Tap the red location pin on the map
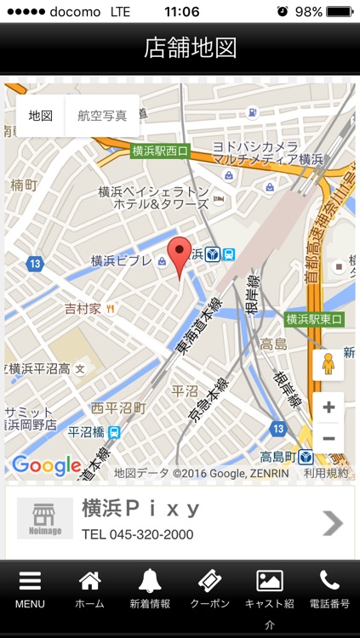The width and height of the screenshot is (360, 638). click(x=179, y=254)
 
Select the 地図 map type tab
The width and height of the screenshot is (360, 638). click(x=41, y=116)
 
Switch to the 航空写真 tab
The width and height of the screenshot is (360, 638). click(x=102, y=116)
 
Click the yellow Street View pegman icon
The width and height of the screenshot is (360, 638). click(x=328, y=364)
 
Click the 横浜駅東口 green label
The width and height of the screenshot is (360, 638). click(x=314, y=319)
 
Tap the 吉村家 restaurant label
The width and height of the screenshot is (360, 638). click(x=83, y=308)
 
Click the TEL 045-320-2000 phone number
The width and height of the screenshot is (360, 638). click(x=137, y=535)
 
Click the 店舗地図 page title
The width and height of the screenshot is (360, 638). click(x=180, y=48)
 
